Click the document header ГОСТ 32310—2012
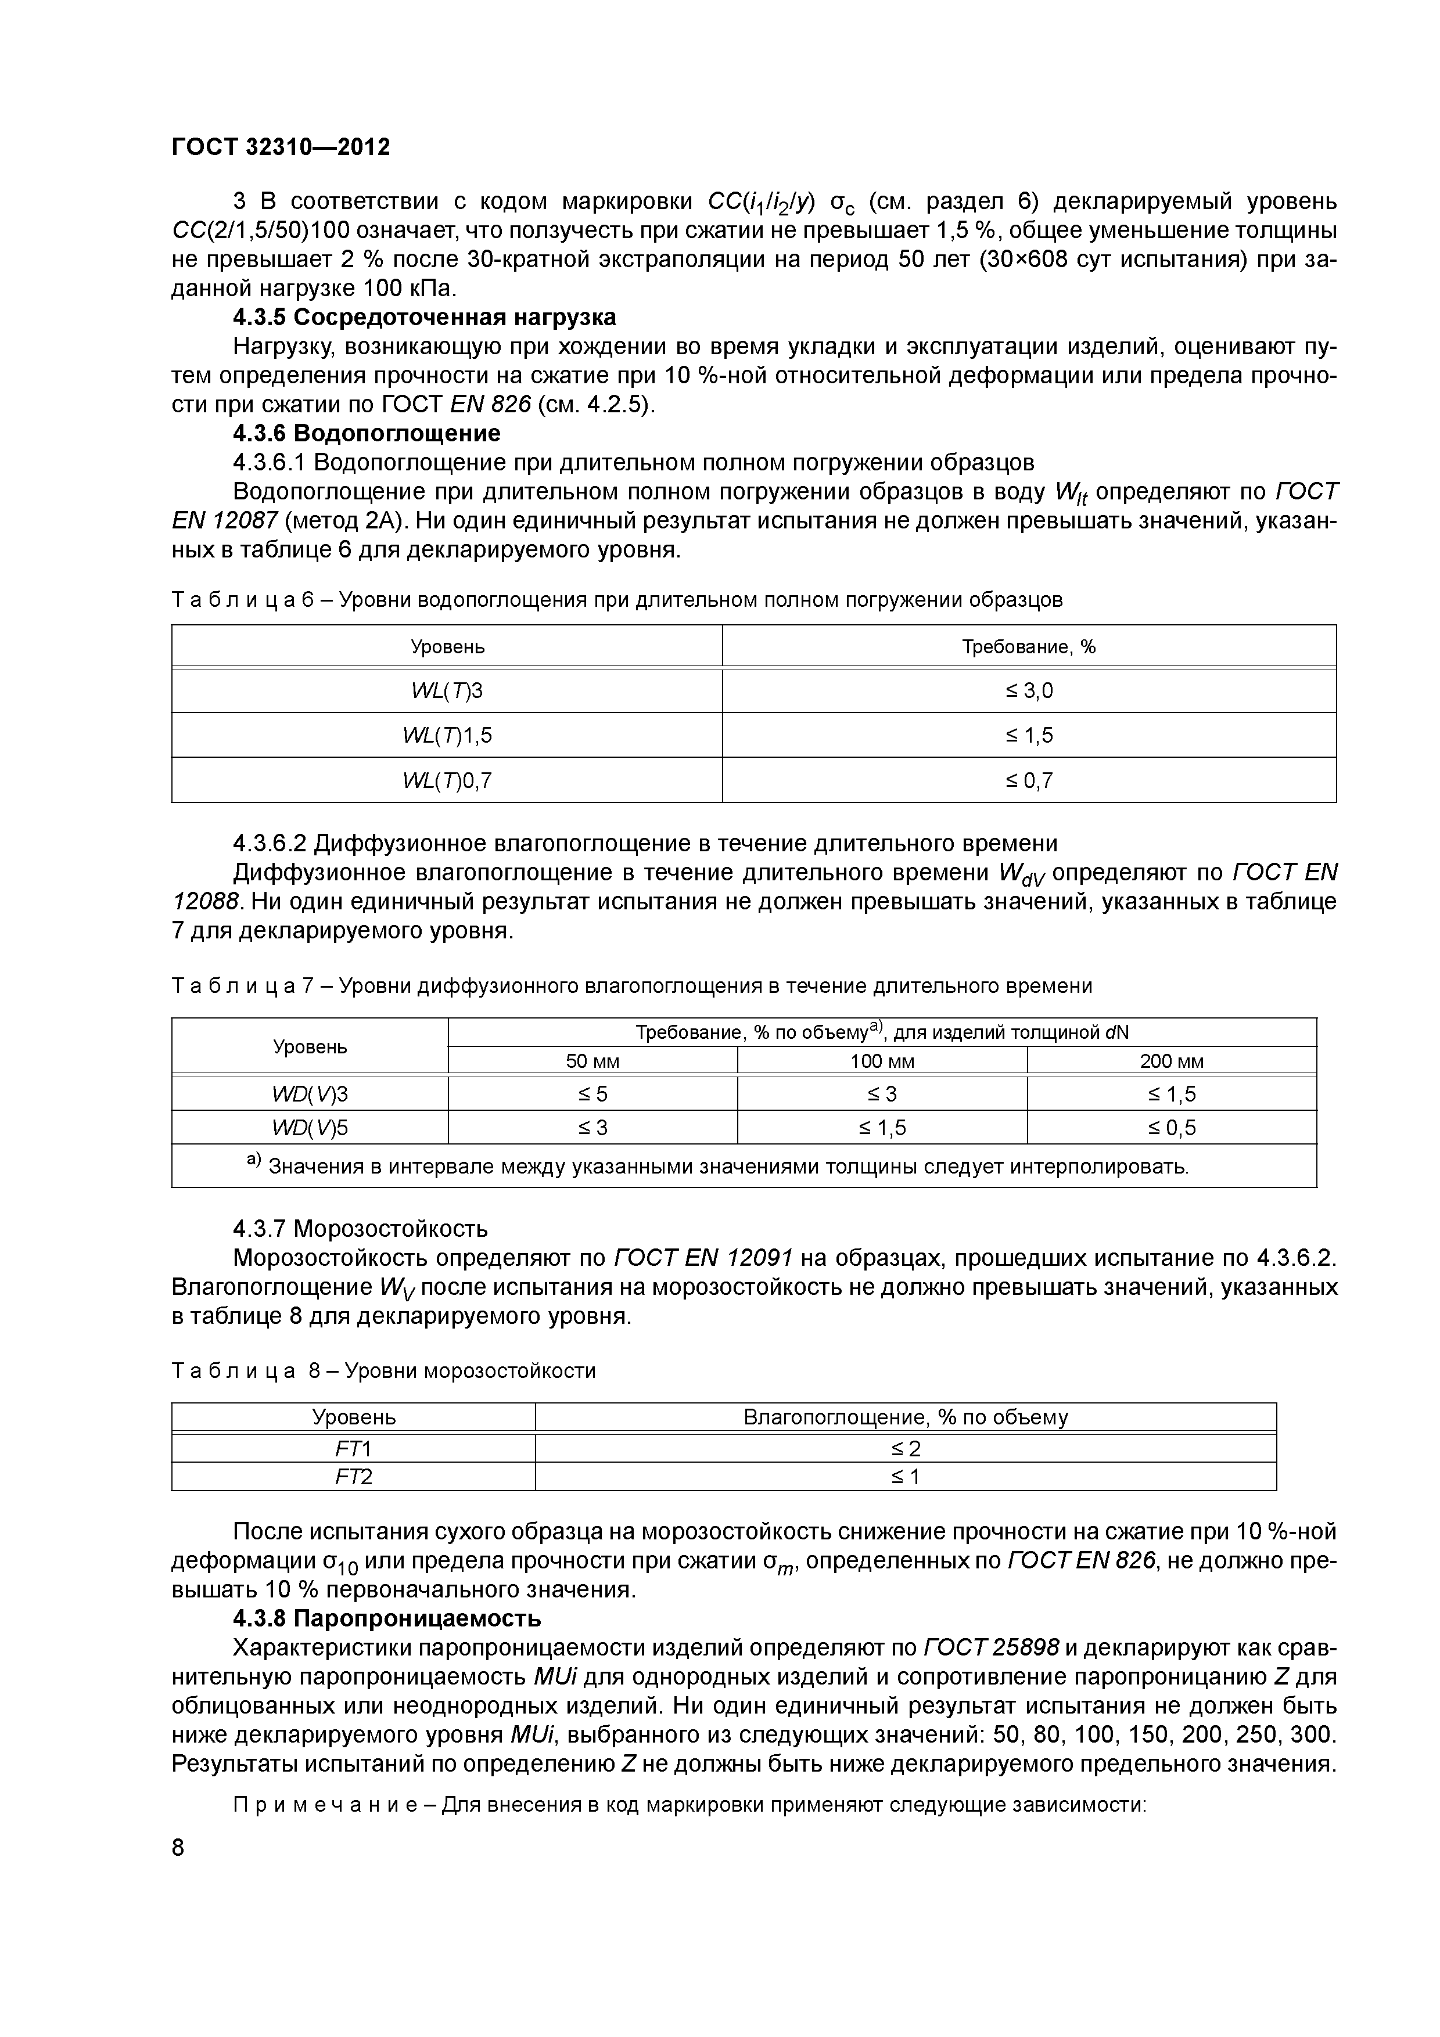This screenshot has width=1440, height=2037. pos(281,146)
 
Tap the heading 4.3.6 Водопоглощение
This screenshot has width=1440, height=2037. pos(367,433)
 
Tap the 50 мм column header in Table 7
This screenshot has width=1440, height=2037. pos(592,1061)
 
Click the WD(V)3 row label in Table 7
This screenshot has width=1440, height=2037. pos(310,1094)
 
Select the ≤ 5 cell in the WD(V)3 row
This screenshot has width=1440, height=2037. pos(592,1094)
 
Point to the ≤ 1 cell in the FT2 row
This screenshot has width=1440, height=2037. pos(905,1476)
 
